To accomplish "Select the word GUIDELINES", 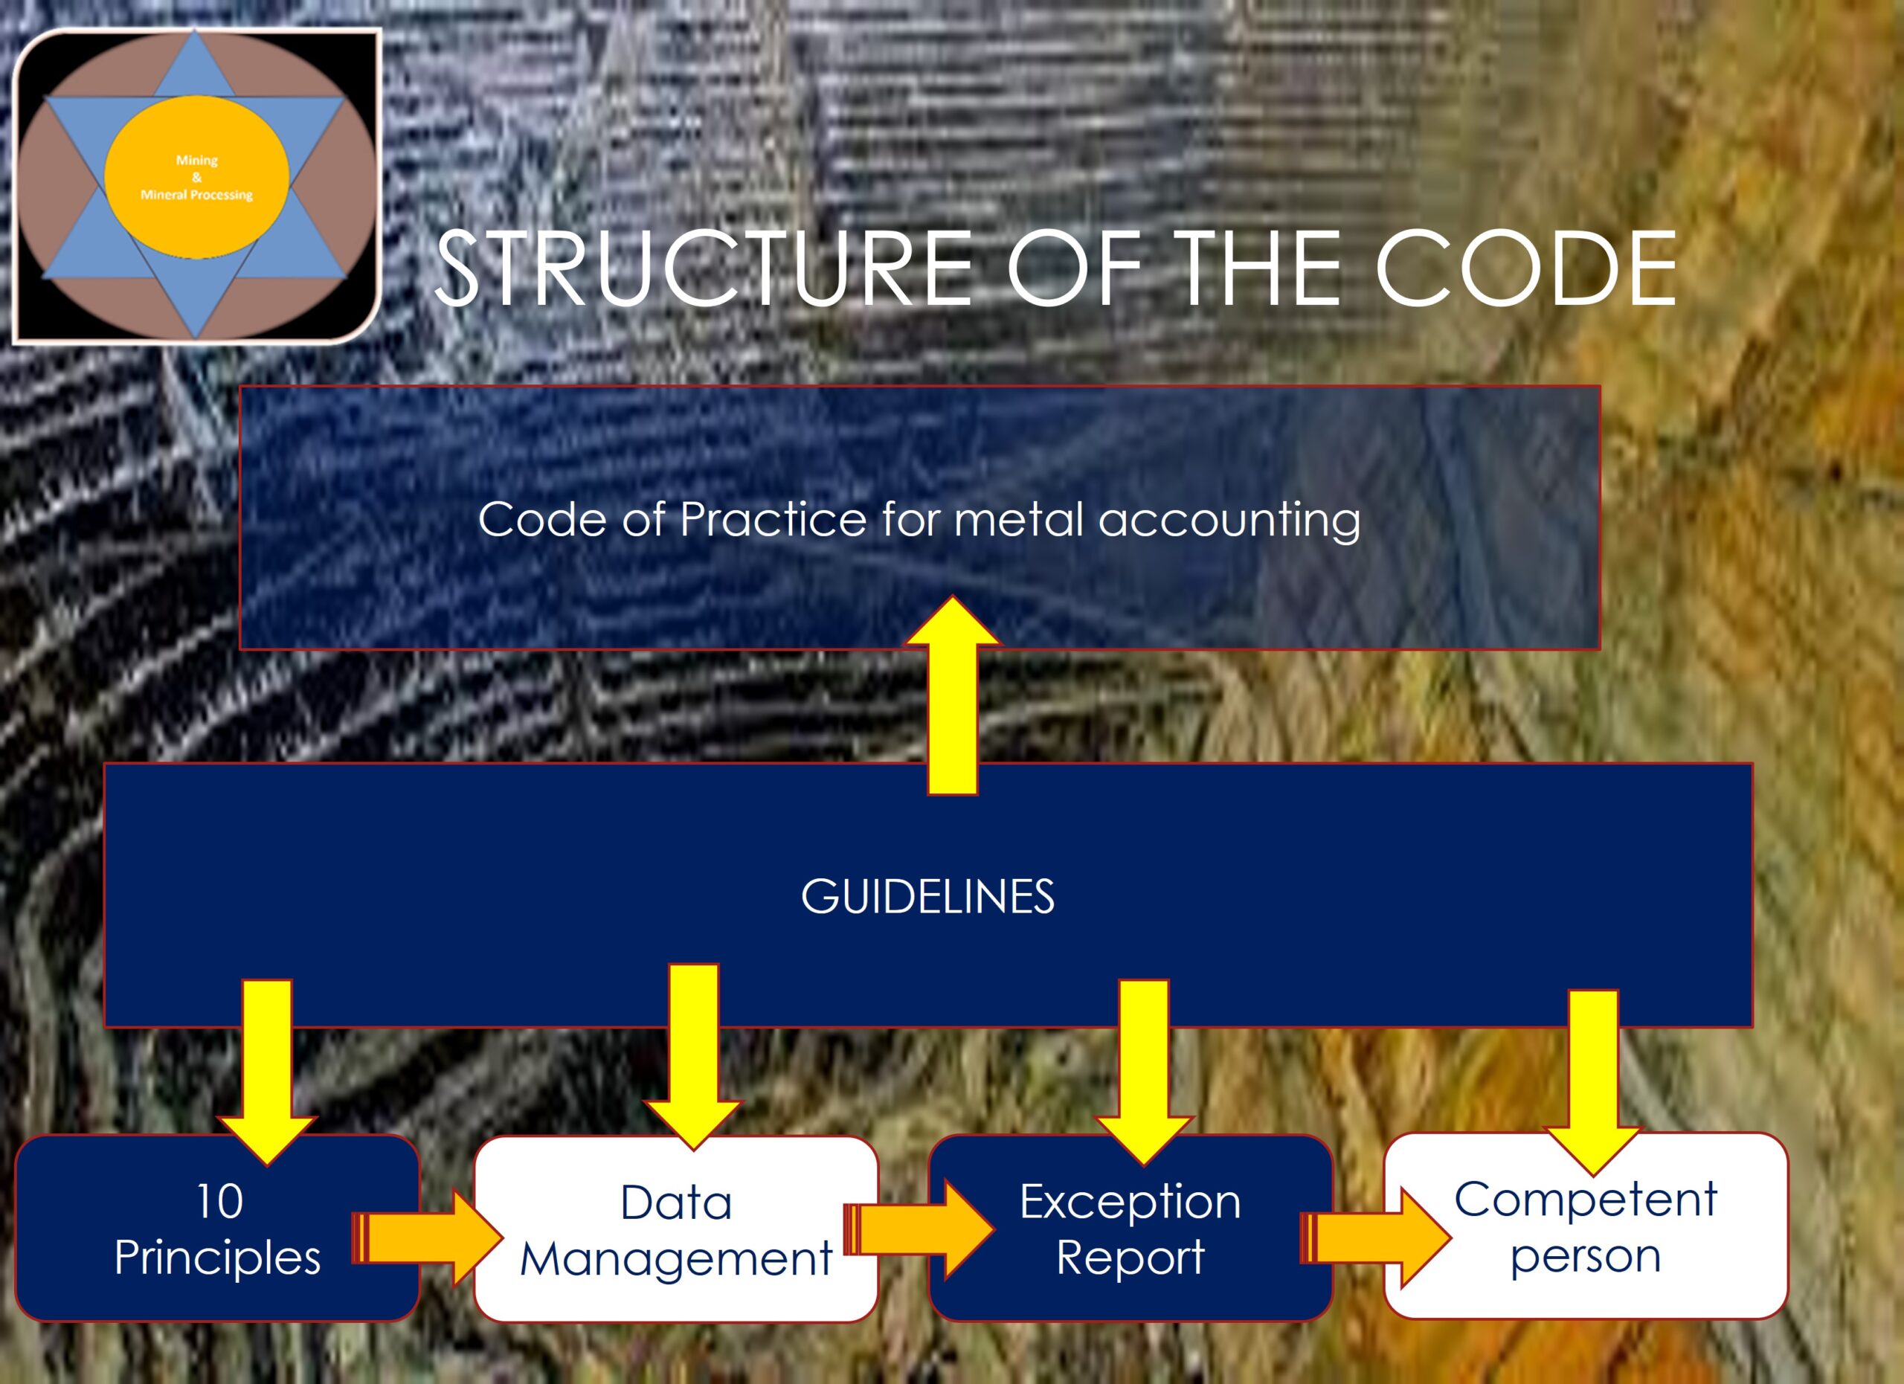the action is click(x=927, y=896).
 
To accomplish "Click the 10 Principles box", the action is click(x=217, y=1228).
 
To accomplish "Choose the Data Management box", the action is click(x=676, y=1229).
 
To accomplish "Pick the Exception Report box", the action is click(x=1130, y=1228).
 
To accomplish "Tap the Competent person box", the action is click(x=1586, y=1226).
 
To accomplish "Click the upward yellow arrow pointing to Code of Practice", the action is click(x=952, y=695).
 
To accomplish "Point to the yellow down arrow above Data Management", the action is click(x=693, y=1057).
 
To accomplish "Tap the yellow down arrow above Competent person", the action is click(x=1592, y=1083).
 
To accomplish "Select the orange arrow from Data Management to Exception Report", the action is click(x=919, y=1229).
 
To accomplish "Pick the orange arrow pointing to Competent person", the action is click(x=1376, y=1237).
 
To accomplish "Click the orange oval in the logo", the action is click(x=196, y=176).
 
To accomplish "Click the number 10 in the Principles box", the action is click(x=219, y=1201).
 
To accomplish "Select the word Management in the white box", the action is click(x=676, y=1259).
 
